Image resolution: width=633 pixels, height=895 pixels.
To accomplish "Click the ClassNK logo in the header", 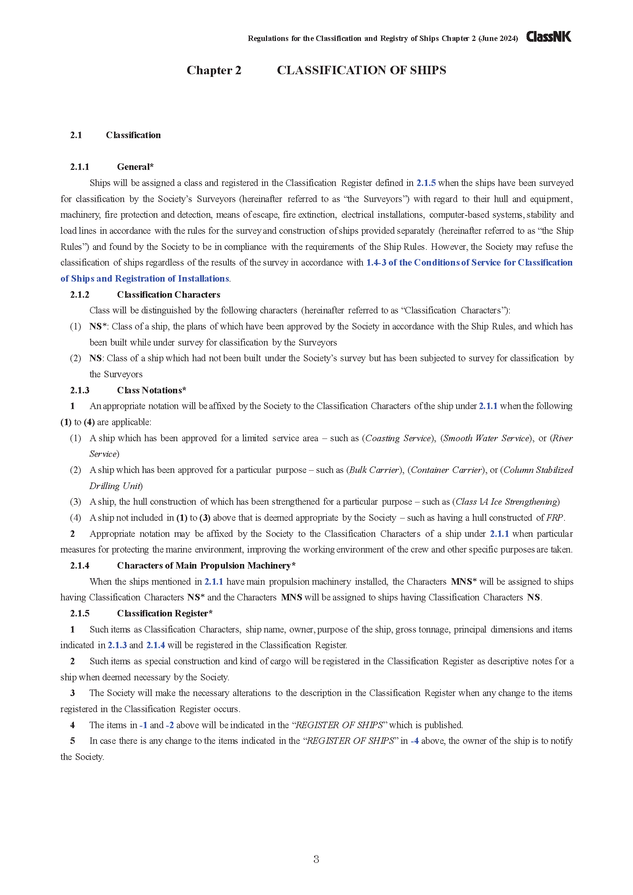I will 548,37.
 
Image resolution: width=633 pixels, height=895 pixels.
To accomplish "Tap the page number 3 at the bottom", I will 316,859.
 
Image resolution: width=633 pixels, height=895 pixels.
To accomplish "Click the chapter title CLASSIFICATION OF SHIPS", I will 361,70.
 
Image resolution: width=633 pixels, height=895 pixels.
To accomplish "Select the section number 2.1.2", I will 80,295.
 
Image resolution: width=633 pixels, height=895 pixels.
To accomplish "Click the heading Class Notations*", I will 151,390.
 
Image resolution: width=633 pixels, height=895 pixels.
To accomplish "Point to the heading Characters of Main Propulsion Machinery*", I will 206,566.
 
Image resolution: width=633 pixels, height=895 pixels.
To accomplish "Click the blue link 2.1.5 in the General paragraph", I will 426,183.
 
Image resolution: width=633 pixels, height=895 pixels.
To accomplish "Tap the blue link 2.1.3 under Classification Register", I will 117,645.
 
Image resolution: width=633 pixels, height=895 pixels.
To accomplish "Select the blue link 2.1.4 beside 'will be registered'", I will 155,645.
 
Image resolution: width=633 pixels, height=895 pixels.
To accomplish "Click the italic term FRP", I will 554,518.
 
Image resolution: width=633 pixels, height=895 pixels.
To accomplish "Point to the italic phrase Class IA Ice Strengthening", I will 506,502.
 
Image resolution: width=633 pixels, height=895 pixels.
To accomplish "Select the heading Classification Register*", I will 165,613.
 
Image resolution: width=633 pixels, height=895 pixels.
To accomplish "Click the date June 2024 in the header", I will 499,38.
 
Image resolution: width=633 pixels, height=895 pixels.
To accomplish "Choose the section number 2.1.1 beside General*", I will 80,167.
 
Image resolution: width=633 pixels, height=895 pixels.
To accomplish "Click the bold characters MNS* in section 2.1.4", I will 463,582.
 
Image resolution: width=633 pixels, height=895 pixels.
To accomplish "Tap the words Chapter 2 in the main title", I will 214,70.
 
